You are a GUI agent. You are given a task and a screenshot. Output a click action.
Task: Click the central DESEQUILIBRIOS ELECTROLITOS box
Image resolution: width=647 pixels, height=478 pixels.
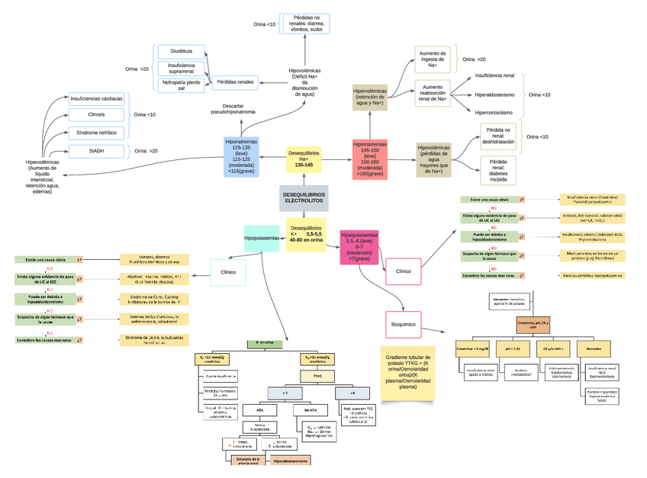304,198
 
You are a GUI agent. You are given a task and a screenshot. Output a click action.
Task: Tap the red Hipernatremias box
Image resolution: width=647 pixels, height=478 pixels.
370,159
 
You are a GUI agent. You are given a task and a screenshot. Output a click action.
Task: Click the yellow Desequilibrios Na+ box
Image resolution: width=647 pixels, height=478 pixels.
304,159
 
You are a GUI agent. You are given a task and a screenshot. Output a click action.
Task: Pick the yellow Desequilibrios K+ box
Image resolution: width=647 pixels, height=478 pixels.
306,234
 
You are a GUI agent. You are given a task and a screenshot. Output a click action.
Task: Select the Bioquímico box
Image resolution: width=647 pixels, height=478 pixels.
404,323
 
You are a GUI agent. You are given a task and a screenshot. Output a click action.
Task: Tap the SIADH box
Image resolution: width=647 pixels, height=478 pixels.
96,151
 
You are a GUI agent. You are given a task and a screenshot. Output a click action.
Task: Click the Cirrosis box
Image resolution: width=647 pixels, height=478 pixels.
96,114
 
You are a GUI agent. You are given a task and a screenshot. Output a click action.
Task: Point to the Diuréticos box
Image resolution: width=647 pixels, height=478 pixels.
181,51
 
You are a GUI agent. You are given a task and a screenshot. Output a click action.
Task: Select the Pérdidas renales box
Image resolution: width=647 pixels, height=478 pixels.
235,82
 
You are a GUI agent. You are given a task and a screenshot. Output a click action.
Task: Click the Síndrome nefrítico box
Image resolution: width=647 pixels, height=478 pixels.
96,133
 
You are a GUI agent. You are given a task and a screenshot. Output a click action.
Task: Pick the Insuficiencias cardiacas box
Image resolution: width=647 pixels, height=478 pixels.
96,98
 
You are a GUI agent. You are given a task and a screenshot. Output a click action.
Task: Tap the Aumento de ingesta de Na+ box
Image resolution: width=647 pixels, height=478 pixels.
433,59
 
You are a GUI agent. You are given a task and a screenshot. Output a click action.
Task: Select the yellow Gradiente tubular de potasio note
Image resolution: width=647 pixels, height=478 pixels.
408,371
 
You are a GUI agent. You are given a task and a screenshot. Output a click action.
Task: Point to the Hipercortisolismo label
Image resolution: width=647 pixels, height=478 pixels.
494,113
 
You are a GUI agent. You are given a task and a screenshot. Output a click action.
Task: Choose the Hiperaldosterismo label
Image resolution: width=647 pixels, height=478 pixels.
494,95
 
